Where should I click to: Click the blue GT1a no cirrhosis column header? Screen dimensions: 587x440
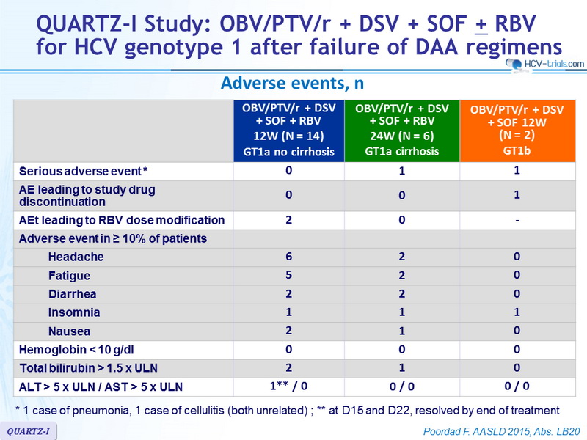point(288,131)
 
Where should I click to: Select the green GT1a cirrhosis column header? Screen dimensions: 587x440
point(401,131)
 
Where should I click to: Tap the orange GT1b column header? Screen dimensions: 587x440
point(517,131)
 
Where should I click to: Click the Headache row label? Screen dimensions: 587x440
point(76,257)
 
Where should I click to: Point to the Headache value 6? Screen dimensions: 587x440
point(288,257)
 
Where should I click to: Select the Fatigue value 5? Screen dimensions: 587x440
point(288,275)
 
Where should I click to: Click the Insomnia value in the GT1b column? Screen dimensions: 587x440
point(517,312)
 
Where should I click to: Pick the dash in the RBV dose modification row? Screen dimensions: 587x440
point(517,221)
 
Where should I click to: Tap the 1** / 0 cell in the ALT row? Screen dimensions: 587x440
point(288,386)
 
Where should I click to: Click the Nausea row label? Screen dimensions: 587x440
point(69,331)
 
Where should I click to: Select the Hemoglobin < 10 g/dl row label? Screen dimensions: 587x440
point(76,350)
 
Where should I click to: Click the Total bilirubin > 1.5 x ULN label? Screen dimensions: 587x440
point(88,368)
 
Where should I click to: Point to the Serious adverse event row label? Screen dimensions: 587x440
point(83,172)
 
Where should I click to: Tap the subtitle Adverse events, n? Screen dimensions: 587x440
point(292,83)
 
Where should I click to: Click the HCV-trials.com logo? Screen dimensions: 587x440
point(544,64)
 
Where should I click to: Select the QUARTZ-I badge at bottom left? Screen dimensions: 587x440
point(28,431)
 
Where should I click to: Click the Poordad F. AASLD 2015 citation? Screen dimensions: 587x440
point(502,431)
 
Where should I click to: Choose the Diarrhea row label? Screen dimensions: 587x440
point(72,294)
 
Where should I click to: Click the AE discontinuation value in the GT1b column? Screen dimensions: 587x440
point(517,195)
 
